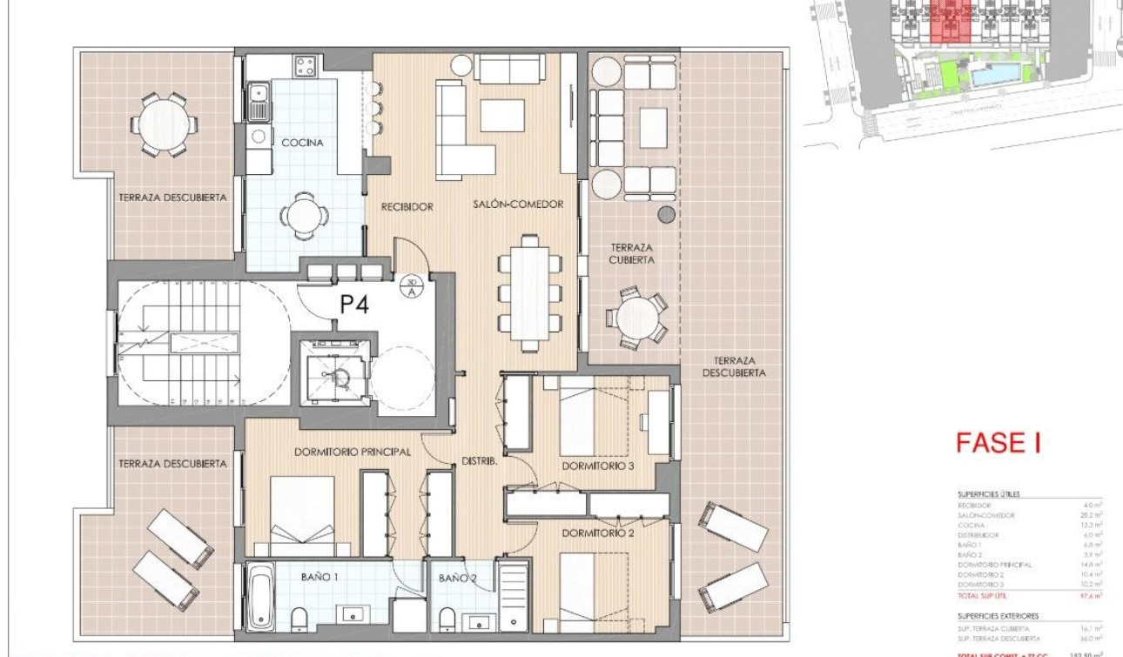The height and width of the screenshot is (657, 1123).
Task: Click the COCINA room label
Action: (302, 142)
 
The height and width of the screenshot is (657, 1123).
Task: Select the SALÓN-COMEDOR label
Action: (518, 204)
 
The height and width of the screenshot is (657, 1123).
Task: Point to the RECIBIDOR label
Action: (407, 207)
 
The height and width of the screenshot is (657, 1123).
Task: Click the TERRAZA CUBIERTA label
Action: (631, 253)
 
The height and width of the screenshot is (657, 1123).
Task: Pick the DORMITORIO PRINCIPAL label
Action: (352, 452)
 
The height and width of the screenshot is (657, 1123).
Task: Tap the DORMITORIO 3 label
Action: (597, 466)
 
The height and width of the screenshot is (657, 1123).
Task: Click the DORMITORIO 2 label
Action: (597, 533)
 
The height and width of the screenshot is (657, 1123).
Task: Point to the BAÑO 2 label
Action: (457, 578)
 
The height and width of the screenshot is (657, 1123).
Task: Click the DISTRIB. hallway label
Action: (479, 461)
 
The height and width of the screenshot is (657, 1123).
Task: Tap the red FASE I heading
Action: (998, 443)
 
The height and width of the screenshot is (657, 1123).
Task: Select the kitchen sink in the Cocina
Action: (258, 103)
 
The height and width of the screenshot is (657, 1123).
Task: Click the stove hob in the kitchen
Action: (304, 65)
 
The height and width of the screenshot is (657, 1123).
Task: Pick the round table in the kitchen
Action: (304, 213)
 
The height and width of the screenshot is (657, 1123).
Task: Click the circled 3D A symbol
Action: (412, 286)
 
